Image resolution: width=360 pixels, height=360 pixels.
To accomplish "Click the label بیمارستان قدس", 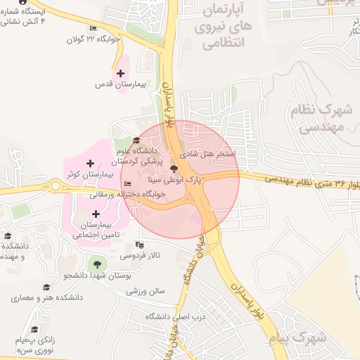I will [x=120, y=84].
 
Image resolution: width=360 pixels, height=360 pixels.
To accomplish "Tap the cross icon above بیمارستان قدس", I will [x=121, y=73].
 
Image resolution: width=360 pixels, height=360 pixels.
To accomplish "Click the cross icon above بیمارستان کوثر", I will [x=91, y=164].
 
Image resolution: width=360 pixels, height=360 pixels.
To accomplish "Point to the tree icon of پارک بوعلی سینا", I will [x=174, y=169].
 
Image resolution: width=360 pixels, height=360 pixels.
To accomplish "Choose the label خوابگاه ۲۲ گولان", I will [x=90, y=40].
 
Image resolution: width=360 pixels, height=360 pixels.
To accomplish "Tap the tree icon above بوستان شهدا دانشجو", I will [x=97, y=264].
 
